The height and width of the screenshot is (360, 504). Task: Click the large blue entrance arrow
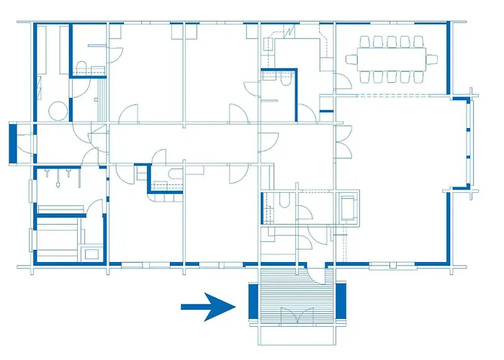[209, 307]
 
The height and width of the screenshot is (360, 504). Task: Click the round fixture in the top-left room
[58, 109]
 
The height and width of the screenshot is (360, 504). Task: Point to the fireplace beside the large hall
[349, 207]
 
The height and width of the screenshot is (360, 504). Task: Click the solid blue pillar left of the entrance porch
[253, 302]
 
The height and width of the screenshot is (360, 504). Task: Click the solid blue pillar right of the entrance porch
[341, 302]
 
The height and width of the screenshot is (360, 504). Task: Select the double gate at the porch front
[296, 317]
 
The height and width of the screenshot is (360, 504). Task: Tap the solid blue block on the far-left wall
[14, 144]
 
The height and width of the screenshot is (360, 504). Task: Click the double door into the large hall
[344, 144]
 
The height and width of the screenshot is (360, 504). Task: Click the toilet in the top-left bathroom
[81, 68]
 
